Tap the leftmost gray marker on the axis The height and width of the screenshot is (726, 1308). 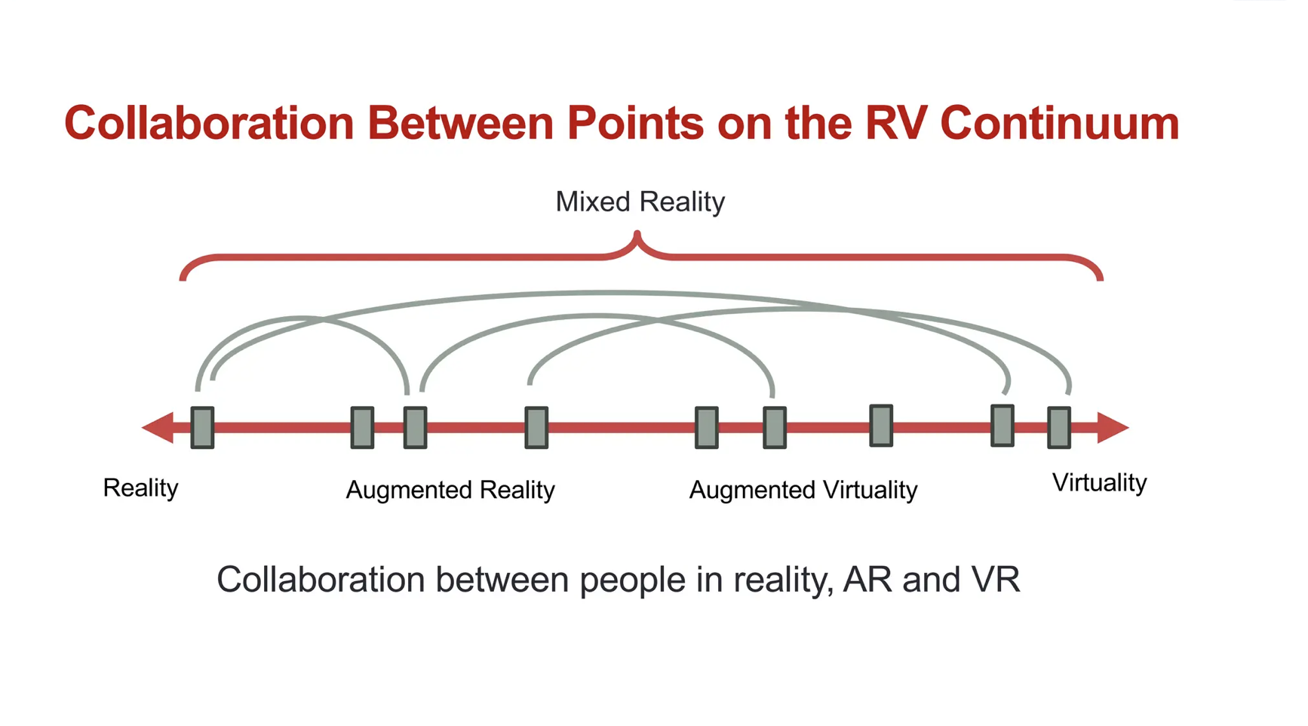[x=202, y=428]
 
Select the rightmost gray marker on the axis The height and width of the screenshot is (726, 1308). [x=1059, y=428]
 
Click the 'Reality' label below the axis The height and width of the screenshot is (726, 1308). [x=140, y=488]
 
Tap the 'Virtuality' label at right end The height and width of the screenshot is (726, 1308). [x=1099, y=483]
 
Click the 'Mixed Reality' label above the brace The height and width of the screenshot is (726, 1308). [x=640, y=202]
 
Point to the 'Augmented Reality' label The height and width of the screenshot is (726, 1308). [x=450, y=491]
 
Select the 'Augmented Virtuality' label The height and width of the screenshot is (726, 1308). [x=803, y=491]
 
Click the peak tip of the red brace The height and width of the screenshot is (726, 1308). [x=638, y=236]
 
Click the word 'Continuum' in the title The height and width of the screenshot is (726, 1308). [x=1059, y=123]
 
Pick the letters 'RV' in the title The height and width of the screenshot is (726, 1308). [x=895, y=123]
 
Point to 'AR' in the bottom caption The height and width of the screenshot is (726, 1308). [x=867, y=580]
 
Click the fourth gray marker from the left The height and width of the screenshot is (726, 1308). [x=536, y=428]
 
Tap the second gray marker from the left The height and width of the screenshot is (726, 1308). [x=362, y=428]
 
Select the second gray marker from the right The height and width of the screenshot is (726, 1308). [x=1002, y=426]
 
